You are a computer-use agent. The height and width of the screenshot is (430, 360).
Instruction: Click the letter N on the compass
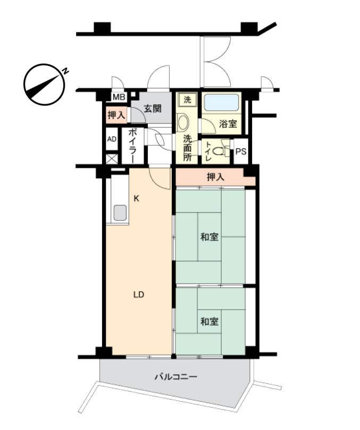(65, 71)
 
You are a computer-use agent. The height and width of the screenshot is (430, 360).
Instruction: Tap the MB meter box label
(119, 97)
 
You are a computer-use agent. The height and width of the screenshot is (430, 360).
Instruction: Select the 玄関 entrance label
(153, 109)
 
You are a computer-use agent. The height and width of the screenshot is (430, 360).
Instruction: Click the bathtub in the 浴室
(221, 103)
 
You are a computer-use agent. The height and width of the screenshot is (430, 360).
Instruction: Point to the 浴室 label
(228, 123)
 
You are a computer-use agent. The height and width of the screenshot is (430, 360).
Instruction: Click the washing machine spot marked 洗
(187, 100)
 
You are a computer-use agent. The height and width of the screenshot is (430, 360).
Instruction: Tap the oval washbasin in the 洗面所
(183, 122)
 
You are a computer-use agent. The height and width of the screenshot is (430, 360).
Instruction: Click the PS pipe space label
(241, 151)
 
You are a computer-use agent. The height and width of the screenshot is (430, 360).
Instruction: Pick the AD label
(112, 139)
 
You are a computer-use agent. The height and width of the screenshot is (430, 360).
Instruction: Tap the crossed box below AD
(112, 159)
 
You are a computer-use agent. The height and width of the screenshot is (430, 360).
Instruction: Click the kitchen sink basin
(120, 212)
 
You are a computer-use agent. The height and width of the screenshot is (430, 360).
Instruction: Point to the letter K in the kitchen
(136, 199)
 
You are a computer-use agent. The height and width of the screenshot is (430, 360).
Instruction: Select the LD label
(139, 294)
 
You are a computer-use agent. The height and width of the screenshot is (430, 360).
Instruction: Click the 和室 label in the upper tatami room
(210, 237)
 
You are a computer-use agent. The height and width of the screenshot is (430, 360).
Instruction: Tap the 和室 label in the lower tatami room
(210, 321)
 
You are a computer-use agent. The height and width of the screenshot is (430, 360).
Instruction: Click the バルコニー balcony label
(176, 377)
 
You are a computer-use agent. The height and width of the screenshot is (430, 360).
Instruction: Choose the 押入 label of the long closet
(215, 177)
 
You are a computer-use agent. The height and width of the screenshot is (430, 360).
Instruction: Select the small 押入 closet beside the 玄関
(116, 115)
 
